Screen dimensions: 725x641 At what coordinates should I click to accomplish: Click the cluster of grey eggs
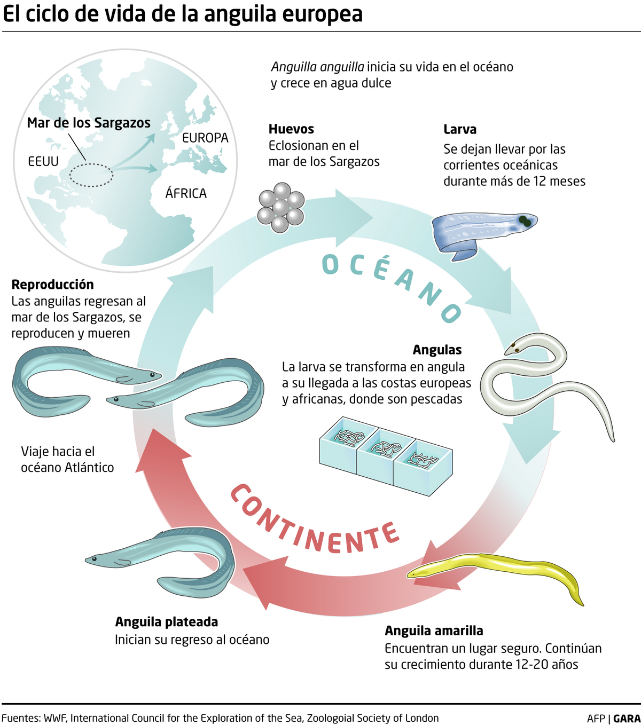pos(281,207)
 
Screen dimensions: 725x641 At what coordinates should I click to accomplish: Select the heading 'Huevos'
pos(291,129)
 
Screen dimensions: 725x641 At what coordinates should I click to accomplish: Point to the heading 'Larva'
pos(460,129)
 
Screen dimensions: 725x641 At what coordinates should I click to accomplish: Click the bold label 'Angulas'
pos(437,350)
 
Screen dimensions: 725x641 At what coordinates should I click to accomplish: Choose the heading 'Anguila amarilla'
pos(434,631)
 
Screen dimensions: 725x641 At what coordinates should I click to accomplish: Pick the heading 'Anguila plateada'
pos(167,622)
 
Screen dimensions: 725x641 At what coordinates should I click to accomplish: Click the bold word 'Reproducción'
pos(52,285)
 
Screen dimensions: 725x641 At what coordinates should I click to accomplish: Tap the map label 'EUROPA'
pos(205,138)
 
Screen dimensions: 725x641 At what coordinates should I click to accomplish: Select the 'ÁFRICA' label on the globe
pos(186,193)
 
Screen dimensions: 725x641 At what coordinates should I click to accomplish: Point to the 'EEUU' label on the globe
pos(43,161)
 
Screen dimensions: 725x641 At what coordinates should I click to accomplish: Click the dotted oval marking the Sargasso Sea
pos(91,175)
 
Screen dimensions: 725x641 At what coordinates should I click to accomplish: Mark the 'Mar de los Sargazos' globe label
pos(89,123)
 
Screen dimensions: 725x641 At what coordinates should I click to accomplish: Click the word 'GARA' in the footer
pos(627,719)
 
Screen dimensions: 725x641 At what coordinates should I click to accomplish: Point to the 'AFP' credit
pos(596,719)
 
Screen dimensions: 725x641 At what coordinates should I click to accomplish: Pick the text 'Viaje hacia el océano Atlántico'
pos(67,459)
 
